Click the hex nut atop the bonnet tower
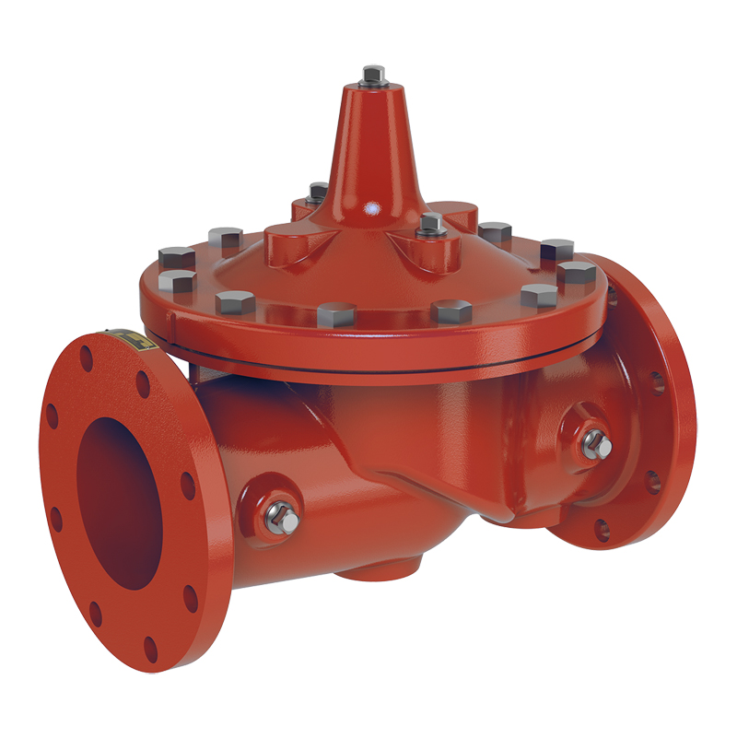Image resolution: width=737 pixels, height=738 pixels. [x=373, y=74]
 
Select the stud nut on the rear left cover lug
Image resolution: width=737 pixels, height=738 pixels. [x=318, y=192]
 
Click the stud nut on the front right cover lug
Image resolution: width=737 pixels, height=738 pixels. [x=429, y=222]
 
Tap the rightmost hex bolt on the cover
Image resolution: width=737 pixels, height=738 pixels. [x=578, y=274]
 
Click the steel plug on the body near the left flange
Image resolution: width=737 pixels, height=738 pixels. [x=285, y=520]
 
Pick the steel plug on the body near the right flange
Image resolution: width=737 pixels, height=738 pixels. [x=596, y=445]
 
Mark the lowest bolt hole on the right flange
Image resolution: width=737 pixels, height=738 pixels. [x=601, y=529]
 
